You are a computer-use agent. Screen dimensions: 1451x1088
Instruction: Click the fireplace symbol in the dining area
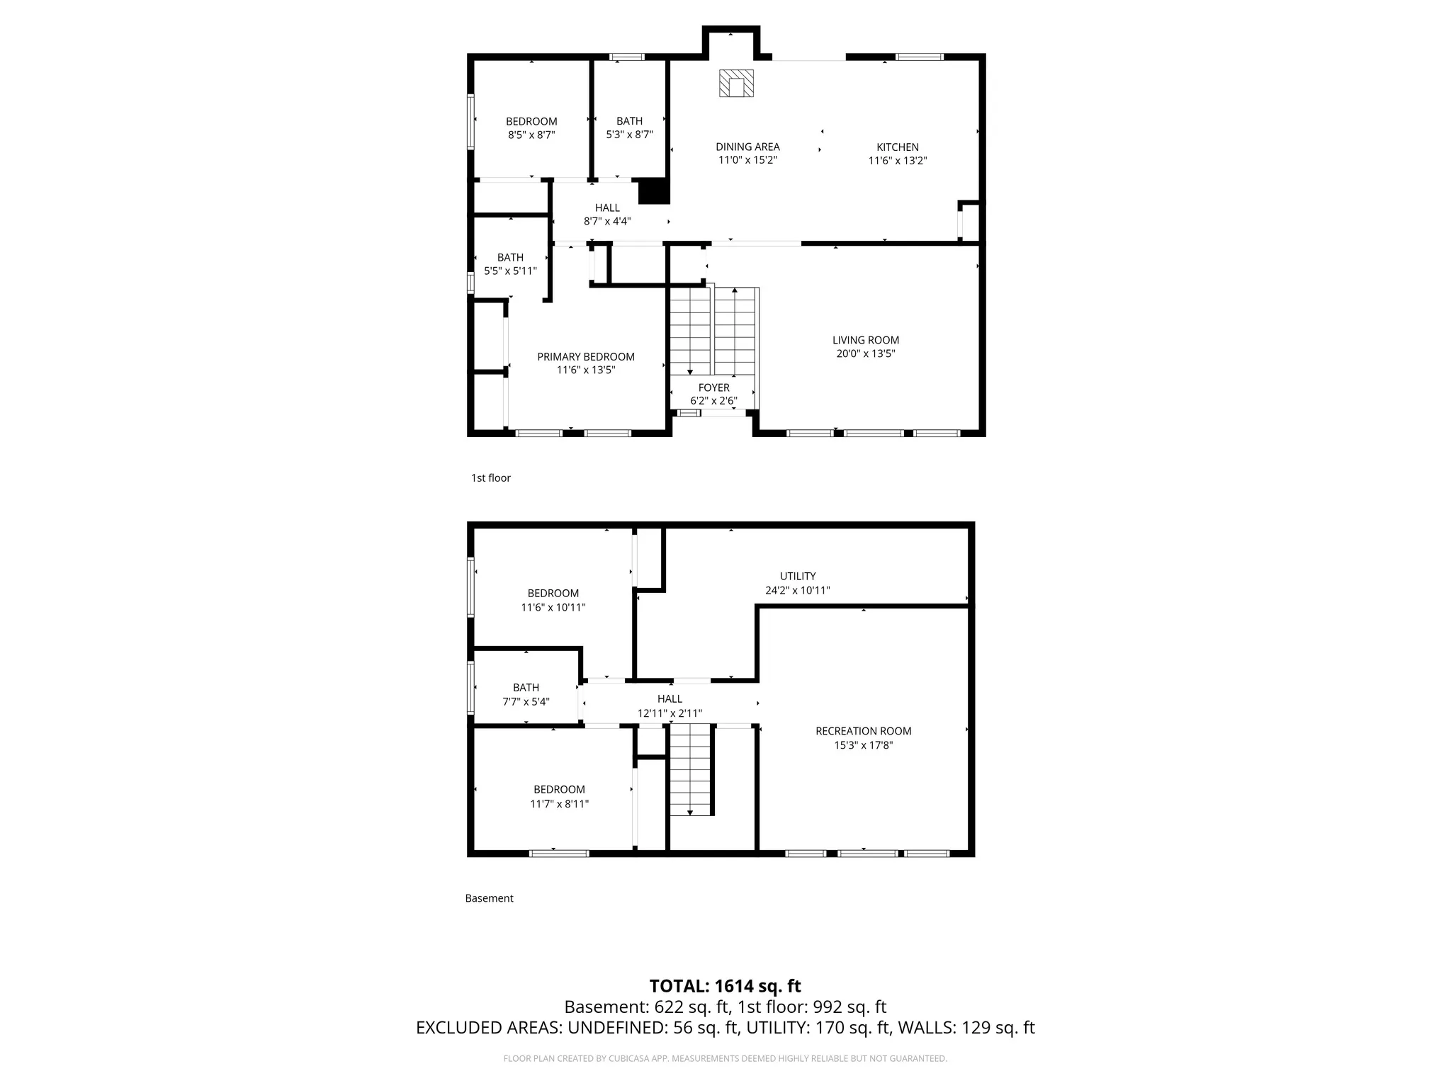(736, 83)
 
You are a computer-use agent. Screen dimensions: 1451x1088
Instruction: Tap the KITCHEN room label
(898, 147)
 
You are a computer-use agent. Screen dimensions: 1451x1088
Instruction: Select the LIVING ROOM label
(866, 340)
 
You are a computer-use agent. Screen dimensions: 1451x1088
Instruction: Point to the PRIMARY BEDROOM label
(586, 357)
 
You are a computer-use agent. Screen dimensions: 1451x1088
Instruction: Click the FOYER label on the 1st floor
(714, 387)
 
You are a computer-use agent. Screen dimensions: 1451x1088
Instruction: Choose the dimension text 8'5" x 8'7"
(531, 135)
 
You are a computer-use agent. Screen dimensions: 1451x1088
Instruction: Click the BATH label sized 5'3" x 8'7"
(629, 121)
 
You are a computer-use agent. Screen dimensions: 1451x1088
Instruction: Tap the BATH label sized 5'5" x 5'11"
(510, 258)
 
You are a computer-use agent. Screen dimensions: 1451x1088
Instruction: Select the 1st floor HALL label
(607, 208)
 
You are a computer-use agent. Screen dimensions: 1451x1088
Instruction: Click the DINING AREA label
(747, 147)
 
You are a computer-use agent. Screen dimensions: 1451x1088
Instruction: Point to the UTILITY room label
(798, 577)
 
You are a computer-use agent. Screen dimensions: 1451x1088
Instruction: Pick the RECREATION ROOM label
(864, 731)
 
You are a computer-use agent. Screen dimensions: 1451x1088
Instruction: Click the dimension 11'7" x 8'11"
(560, 804)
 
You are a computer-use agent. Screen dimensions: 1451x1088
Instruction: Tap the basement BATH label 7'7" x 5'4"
(526, 688)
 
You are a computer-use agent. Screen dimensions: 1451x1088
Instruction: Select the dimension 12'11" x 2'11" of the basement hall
(670, 713)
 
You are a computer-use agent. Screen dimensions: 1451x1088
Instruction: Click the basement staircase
(690, 770)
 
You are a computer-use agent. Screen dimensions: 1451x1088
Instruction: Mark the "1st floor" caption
(491, 478)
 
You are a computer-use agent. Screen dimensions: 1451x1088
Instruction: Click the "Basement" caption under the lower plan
(489, 898)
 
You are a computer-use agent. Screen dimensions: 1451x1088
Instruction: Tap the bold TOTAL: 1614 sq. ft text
(725, 986)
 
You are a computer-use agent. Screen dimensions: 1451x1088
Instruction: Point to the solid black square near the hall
(654, 191)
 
